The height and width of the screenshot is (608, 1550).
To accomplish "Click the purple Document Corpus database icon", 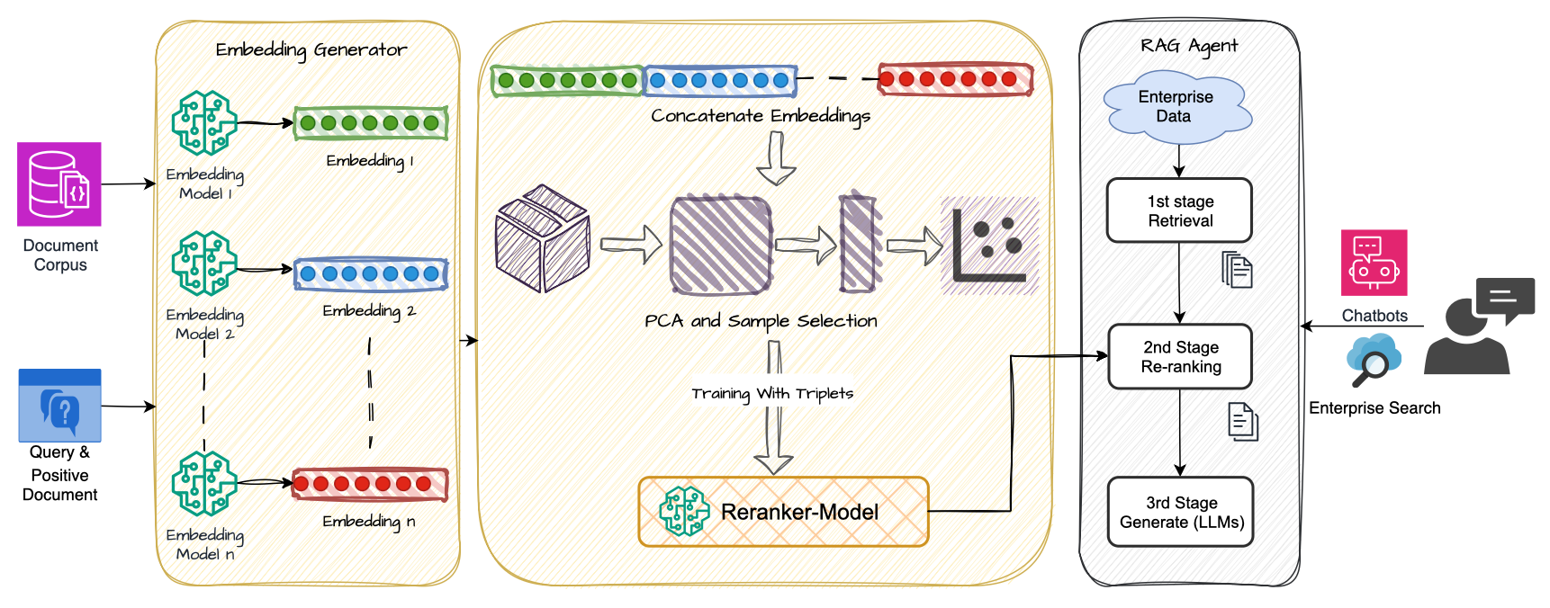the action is click(x=59, y=184).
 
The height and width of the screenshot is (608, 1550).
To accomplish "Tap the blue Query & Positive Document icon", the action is click(x=60, y=406).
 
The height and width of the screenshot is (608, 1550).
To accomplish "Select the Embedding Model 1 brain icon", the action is click(x=204, y=123).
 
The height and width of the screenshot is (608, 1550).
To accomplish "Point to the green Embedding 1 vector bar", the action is click(x=371, y=123).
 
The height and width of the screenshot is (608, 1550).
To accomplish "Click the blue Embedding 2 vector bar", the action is click(x=371, y=273).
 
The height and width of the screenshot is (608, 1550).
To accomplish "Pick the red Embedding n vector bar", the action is click(x=370, y=484).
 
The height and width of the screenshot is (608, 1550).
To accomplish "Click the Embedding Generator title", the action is click(x=311, y=50).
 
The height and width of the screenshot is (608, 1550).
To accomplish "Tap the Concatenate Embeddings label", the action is click(x=761, y=116).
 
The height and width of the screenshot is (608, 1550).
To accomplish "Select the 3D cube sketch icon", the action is click(x=543, y=238).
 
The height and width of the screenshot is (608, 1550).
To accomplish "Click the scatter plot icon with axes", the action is click(x=989, y=246).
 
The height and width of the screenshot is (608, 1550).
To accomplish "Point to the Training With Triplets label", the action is click(x=772, y=394).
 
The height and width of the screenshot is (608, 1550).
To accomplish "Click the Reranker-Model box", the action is click(x=783, y=512).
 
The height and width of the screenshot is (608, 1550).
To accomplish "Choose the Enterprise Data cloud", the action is click(x=1176, y=107).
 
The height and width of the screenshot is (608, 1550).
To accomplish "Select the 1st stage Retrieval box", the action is click(x=1179, y=210).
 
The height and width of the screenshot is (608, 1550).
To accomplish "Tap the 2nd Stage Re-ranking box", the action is click(x=1180, y=357).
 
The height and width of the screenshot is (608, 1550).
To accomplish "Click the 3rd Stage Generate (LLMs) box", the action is click(x=1181, y=512).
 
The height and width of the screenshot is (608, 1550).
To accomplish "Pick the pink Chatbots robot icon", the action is click(x=1374, y=263).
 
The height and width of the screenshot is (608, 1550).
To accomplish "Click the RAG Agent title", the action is click(x=1189, y=46).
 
